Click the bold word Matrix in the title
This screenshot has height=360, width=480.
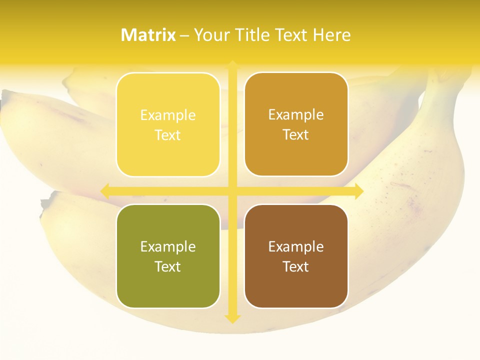(x=148, y=35)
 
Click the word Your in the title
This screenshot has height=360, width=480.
(x=211, y=35)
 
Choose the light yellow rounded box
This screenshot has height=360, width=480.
(x=168, y=124)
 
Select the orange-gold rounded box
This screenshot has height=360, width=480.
(x=296, y=124)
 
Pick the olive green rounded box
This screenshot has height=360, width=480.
(x=168, y=256)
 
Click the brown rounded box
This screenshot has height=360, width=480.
(x=296, y=256)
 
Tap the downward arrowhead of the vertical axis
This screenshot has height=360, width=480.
(x=232, y=318)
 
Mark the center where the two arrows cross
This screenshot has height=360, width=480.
(x=232, y=191)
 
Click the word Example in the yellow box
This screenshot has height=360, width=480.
(x=168, y=115)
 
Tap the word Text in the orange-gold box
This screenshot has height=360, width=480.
(x=296, y=135)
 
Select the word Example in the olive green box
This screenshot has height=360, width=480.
(x=168, y=247)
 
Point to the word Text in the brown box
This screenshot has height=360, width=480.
(x=296, y=267)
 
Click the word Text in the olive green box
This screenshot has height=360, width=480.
(x=168, y=267)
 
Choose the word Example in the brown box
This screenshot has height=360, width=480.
(x=296, y=247)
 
